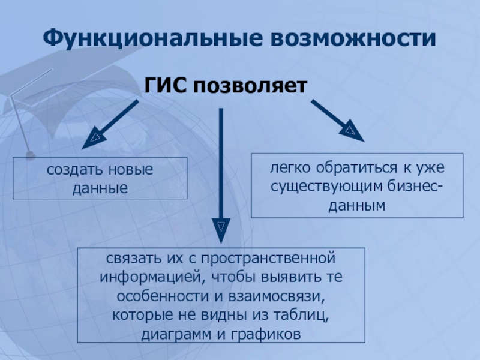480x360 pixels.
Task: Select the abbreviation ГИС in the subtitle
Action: pos(165,86)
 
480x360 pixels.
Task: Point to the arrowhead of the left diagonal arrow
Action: pos(94,139)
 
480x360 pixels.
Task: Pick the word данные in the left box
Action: pos(100,188)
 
